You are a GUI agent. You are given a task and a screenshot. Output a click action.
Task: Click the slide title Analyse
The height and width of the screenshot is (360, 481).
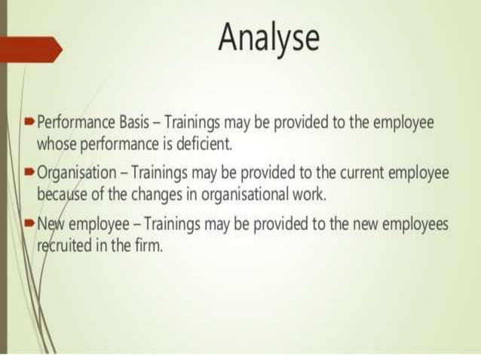coord(268,37)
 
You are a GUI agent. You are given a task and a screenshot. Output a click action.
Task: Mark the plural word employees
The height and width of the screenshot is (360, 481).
coord(418,225)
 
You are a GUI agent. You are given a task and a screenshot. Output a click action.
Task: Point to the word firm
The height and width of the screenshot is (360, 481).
coord(148,246)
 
